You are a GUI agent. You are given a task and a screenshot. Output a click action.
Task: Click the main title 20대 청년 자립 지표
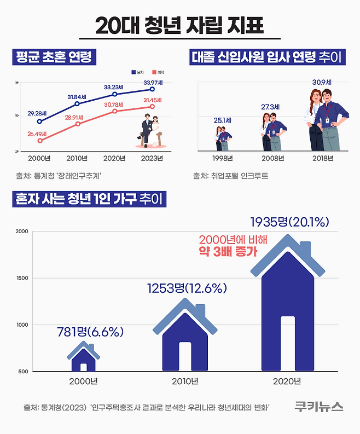coord(179,26)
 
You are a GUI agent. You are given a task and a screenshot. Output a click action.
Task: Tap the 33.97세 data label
coord(153,83)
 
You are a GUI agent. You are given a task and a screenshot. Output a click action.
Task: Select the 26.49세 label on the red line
coord(39,133)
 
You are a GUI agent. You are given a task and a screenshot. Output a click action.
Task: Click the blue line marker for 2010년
coord(77,103)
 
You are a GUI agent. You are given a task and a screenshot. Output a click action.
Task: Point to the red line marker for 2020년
coord(114,111)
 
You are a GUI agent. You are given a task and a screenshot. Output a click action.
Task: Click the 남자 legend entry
coord(138,72)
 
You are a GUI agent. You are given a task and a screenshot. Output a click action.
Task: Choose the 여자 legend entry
coord(158,72)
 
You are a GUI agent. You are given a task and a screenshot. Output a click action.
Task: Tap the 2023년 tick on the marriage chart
coord(152,159)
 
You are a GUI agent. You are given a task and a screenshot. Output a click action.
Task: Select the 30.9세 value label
coord(322,82)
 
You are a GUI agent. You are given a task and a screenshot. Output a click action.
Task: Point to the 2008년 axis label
coord(272,159)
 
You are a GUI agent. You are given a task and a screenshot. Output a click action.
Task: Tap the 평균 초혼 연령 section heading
coord(53,56)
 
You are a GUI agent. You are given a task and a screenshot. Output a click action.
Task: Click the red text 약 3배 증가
coord(228,252)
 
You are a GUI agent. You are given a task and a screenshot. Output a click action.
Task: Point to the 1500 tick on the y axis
coord(22,278)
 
